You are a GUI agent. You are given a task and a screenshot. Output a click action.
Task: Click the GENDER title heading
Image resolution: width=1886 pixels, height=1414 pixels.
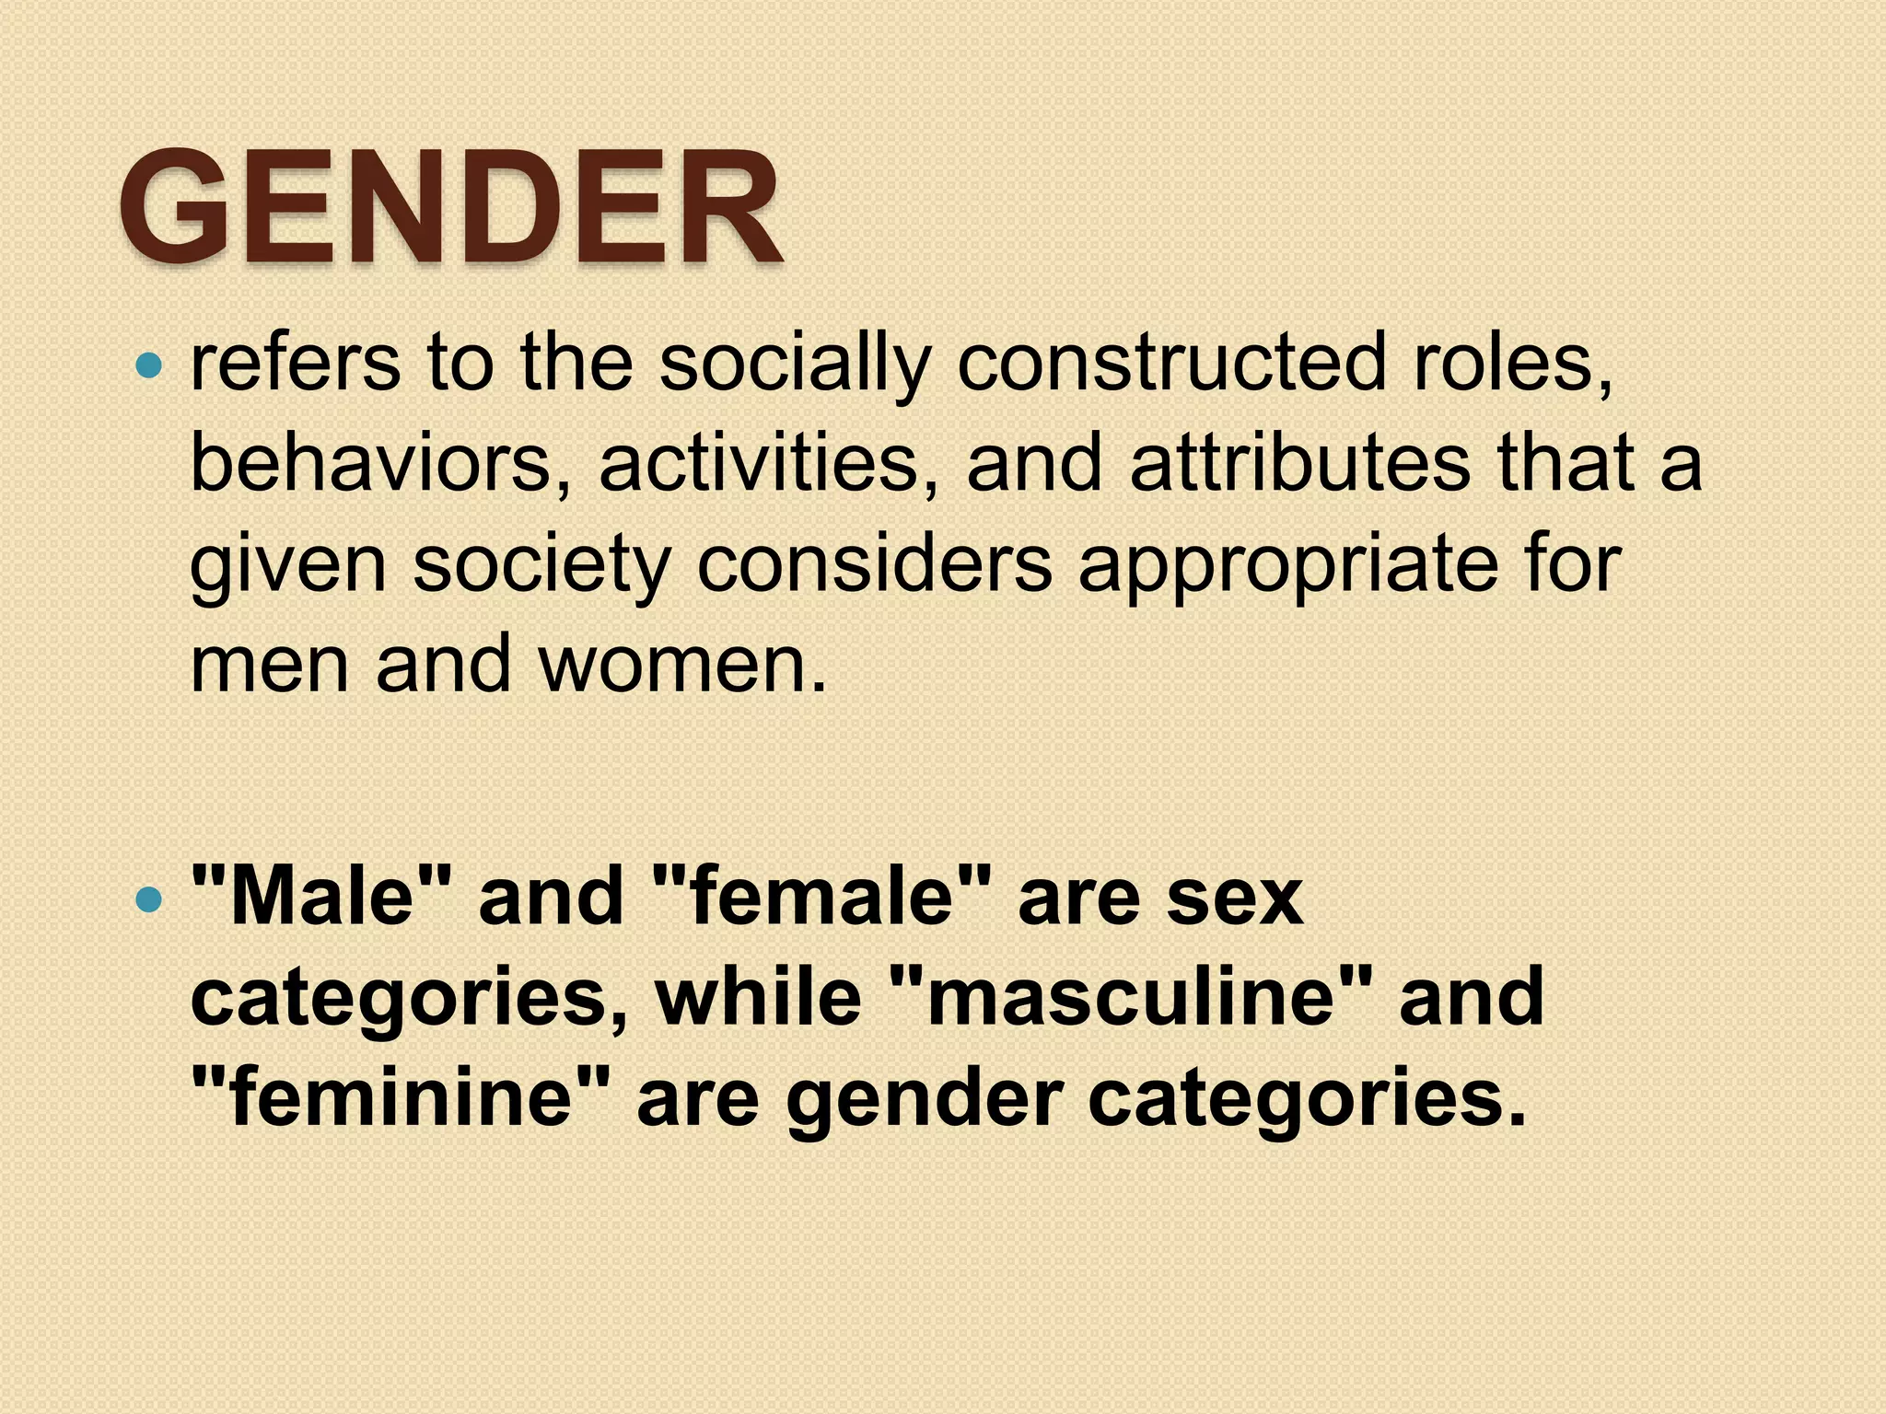click(x=451, y=209)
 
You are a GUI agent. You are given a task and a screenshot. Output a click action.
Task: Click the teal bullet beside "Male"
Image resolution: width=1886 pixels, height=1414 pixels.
click(x=147, y=898)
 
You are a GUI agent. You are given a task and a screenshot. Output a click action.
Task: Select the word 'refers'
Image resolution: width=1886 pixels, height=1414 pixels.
click(x=296, y=362)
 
